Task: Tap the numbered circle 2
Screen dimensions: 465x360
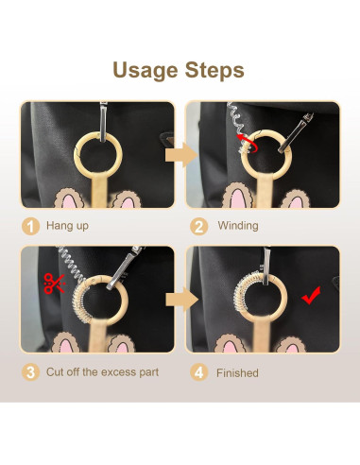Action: pos(198,226)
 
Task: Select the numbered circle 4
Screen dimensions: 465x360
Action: pos(198,371)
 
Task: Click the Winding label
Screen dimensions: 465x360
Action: pos(237,226)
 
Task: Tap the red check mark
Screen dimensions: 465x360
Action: pos(309,299)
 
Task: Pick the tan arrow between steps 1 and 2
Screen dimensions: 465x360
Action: pos(180,153)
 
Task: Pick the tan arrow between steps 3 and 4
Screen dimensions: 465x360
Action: pos(180,300)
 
